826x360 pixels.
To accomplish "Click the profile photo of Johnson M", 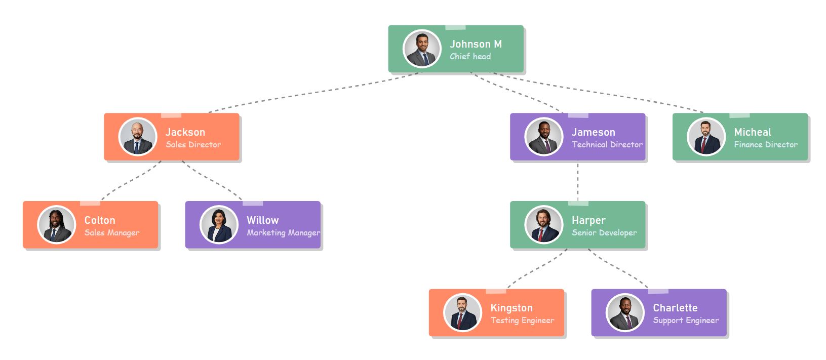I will (422, 49).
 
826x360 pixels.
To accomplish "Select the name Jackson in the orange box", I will (185, 132).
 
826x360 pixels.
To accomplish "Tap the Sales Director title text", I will (193, 145).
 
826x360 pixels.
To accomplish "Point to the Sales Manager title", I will (112, 233).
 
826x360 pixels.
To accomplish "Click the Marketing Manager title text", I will (283, 233).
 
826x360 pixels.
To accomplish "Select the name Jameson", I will (593, 132).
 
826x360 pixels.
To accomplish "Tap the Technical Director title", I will (607, 145).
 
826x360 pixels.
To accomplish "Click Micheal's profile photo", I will (706, 137).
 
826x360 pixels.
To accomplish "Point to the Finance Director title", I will (766, 145).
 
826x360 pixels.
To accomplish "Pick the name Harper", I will (588, 220).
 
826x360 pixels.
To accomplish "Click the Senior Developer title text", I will (604, 233).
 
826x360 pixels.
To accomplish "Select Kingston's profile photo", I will (462, 313).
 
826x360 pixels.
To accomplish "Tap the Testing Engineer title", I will (522, 321).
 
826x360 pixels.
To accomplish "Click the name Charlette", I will (675, 308).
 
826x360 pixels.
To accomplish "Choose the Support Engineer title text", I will (686, 321).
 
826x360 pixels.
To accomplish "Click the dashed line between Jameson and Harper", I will (578, 181).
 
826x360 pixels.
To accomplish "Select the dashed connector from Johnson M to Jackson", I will (314, 92).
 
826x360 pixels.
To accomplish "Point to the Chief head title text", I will (470, 57).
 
